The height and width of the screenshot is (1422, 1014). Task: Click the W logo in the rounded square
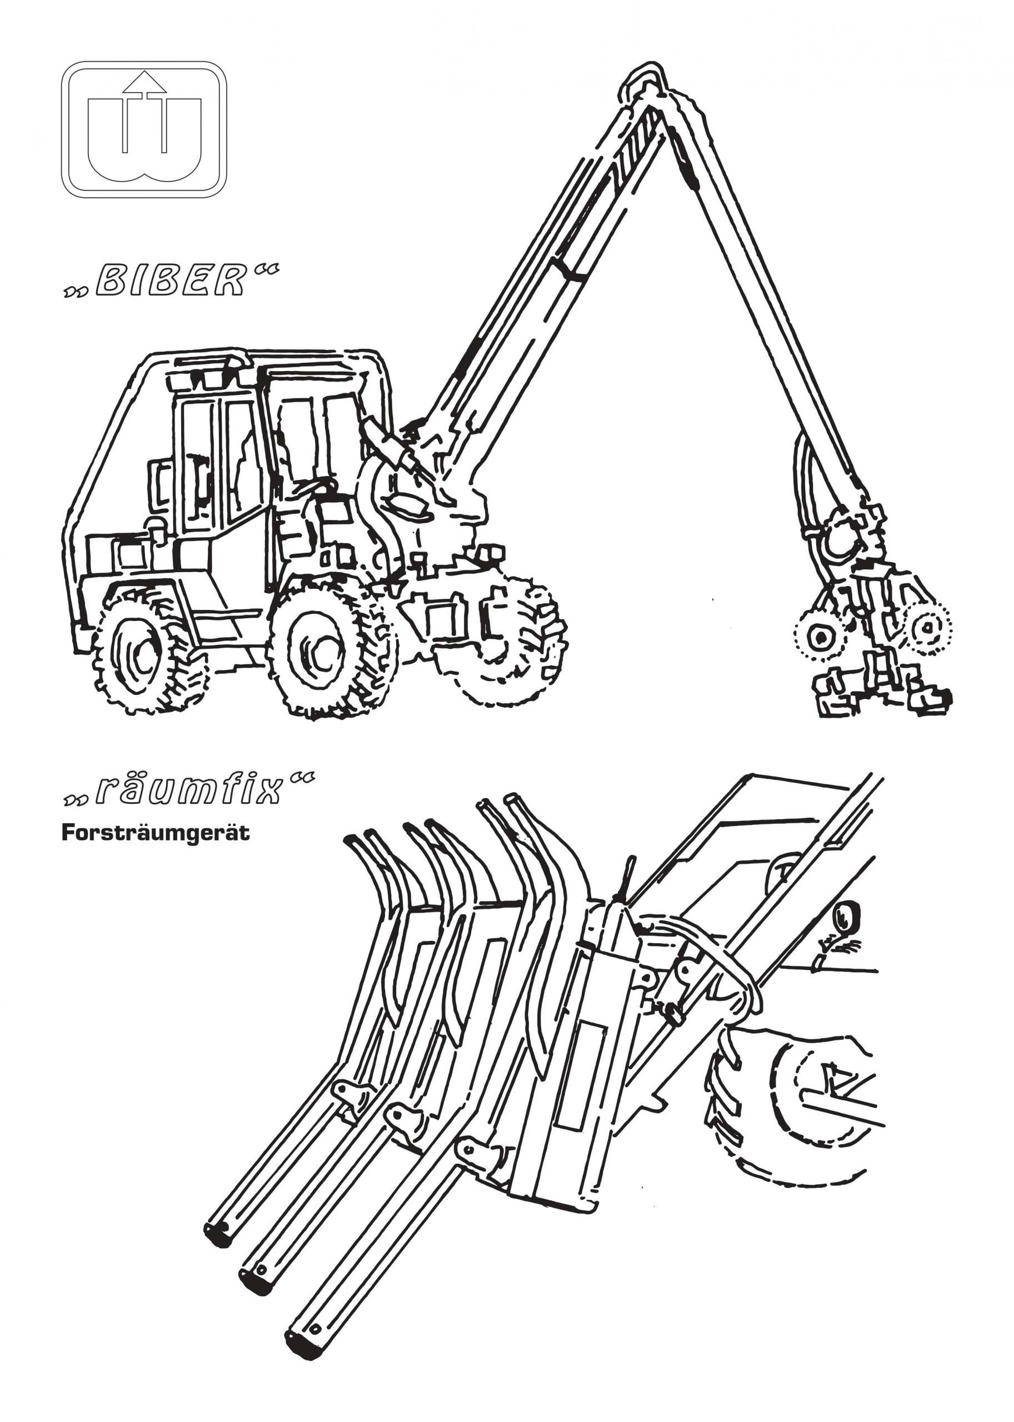144,129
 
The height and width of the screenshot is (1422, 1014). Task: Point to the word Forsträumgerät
156,833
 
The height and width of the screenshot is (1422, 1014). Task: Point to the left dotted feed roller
818,636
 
